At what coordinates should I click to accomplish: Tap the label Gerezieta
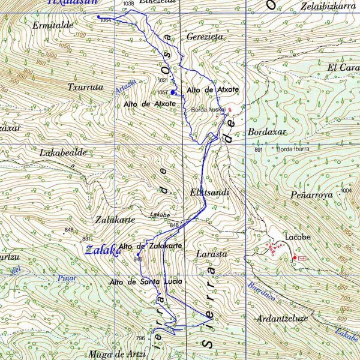click(x=205, y=37)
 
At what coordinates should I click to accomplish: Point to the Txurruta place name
click(x=86, y=86)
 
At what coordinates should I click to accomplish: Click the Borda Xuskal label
click(x=208, y=110)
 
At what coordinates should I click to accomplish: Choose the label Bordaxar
click(x=267, y=131)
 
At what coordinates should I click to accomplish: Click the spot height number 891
click(x=259, y=149)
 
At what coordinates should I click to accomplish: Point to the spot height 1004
click(x=346, y=191)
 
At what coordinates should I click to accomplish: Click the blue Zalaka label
click(x=101, y=250)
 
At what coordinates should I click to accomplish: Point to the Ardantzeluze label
click(x=282, y=318)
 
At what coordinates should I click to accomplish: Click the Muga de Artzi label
click(x=117, y=353)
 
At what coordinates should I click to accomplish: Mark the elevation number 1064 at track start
click(x=106, y=20)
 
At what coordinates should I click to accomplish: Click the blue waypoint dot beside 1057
click(x=173, y=92)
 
